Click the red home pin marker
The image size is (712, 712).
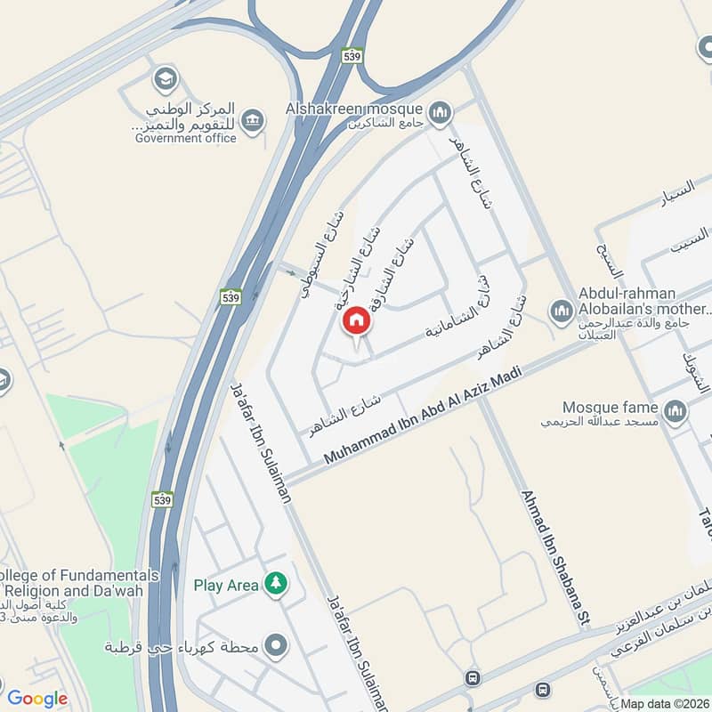[x=356, y=321]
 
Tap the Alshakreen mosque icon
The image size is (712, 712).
[x=438, y=113]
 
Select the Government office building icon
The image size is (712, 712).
[x=254, y=120]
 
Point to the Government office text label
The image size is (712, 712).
[x=186, y=138]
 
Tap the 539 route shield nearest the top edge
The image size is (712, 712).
[x=353, y=54]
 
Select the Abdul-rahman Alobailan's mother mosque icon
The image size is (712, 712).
[x=561, y=311]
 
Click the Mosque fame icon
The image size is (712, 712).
[x=675, y=410]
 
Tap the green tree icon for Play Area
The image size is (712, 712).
[x=277, y=584]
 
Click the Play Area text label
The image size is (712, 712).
[x=226, y=585]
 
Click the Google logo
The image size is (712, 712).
[x=37, y=699]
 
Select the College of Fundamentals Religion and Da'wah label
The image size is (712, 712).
[x=80, y=583]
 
